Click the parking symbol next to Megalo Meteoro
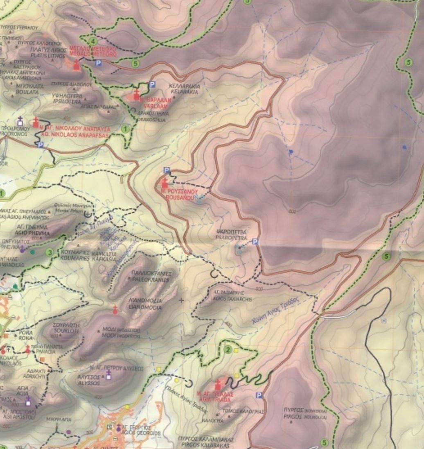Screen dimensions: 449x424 pyautogui.click(x=98, y=63)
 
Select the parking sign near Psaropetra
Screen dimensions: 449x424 pyautogui.click(x=255, y=242)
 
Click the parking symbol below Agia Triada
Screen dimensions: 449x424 pyautogui.click(x=259, y=395)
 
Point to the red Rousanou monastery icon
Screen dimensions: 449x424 pyautogui.click(x=165, y=183)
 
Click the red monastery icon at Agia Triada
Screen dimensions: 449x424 pyautogui.click(x=218, y=385)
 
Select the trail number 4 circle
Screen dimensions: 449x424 pyautogui.click(x=94, y=41)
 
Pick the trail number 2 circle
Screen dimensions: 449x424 pyautogui.click(x=228, y=349)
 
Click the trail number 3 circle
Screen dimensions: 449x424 pyautogui.click(x=50, y=252)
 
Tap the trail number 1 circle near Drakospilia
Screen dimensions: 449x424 pyautogui.click(x=126, y=129)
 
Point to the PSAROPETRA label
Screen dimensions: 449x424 pyautogui.click(x=232, y=237)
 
